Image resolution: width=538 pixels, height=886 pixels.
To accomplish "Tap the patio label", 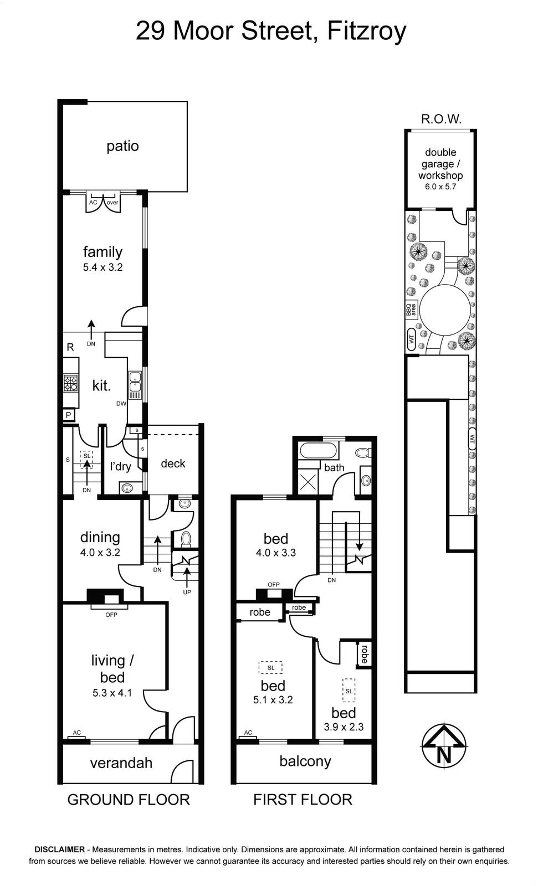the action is (122, 146).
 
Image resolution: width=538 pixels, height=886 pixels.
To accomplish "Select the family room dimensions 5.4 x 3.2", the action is (103, 267).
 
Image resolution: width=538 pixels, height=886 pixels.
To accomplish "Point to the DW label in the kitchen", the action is (121, 404).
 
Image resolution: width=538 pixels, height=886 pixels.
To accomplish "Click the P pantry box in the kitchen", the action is (69, 415).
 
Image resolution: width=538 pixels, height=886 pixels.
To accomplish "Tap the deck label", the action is (173, 463).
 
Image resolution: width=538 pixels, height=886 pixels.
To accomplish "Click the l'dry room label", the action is (120, 466).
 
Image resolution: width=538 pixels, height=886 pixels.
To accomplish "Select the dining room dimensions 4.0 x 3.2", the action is (100, 553).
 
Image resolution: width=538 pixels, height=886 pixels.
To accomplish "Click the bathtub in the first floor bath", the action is (319, 451).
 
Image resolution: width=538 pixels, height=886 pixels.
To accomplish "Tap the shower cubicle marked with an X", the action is (309, 481).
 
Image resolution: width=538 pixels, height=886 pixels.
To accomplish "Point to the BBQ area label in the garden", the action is (411, 310).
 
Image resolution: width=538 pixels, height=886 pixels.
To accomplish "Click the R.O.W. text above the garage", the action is (442, 119).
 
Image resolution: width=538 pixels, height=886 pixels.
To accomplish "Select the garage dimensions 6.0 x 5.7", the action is (440, 187).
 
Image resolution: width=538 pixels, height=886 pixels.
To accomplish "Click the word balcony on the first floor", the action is (305, 761).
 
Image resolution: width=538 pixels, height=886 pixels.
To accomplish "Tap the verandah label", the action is (121, 763).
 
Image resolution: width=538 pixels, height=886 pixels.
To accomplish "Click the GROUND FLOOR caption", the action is (129, 800).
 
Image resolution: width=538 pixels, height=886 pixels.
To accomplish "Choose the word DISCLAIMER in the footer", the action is (60, 849).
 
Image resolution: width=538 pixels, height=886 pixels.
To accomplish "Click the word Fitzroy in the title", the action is (367, 32).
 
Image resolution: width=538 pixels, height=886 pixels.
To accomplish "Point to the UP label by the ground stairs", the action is (187, 592).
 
